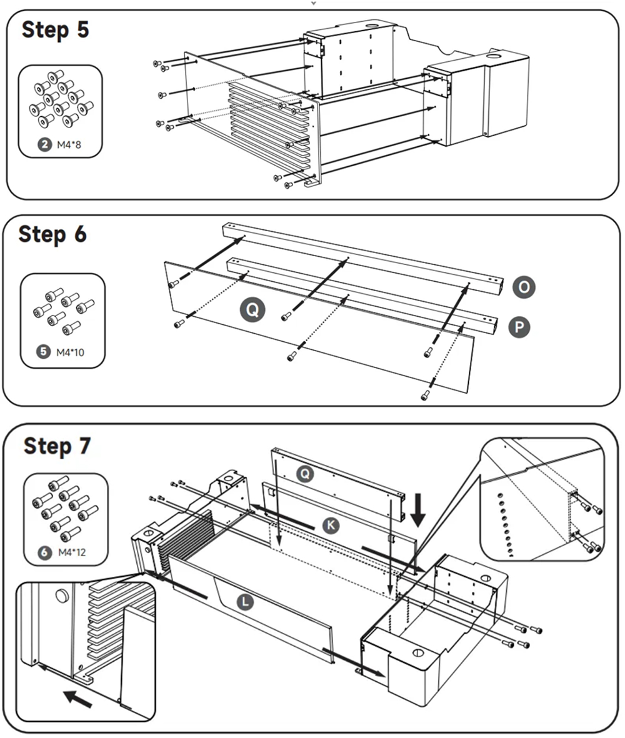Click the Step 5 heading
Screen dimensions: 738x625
click(56, 30)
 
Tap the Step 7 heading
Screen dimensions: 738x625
click(57, 446)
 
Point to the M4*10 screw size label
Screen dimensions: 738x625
click(70, 352)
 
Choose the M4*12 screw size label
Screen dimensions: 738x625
click(70, 552)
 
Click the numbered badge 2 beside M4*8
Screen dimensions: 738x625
click(45, 146)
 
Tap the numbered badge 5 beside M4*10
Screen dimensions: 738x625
click(44, 352)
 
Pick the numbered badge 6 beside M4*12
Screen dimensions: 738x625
click(44, 552)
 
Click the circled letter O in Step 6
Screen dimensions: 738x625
click(524, 287)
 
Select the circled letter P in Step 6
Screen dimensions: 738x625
click(519, 327)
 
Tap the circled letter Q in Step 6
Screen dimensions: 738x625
click(254, 309)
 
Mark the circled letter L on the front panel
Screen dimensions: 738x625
click(247, 601)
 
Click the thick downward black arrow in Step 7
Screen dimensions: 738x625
click(418, 508)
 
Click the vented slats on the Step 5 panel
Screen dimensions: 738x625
click(269, 125)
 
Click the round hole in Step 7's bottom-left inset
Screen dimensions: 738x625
click(62, 596)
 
